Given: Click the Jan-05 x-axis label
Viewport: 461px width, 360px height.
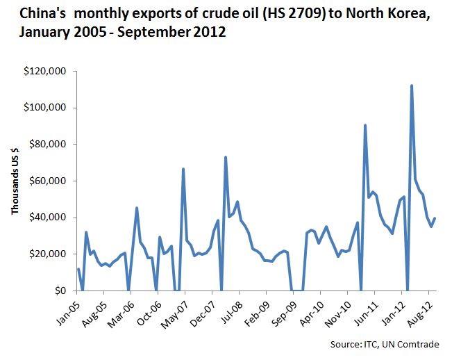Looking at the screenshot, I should [x=67, y=310].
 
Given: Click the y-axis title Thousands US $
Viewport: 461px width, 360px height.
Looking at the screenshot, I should [x=14, y=181].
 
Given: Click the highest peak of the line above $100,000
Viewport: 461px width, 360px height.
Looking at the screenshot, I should [x=412, y=85].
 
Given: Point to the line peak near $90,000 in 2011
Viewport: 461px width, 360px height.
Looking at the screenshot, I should [x=365, y=125].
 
